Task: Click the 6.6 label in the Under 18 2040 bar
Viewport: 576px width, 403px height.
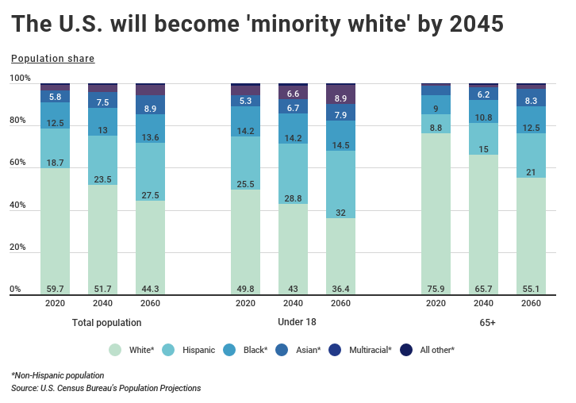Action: click(293, 94)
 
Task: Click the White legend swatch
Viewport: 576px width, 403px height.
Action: click(115, 349)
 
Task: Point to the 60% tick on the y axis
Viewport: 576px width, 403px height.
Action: click(18, 163)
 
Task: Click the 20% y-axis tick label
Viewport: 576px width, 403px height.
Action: click(18, 248)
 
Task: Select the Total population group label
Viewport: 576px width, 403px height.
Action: click(106, 323)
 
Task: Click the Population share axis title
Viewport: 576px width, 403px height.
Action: click(52, 59)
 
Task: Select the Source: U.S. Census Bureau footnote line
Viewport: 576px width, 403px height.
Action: click(106, 388)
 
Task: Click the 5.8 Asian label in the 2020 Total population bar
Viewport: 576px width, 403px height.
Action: click(55, 97)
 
